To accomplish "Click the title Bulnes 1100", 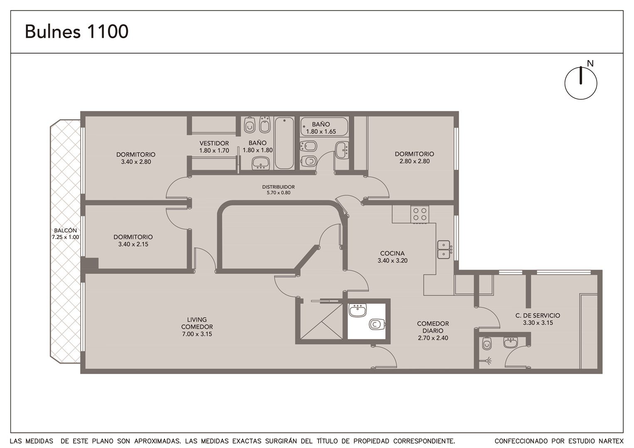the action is [x=77, y=32].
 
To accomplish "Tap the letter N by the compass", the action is [x=590, y=64].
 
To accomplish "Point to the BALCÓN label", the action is [x=65, y=230].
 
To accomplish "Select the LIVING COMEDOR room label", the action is [x=197, y=323].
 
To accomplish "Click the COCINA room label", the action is [x=392, y=253].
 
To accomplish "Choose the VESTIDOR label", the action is [x=214, y=143].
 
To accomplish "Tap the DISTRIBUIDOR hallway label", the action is [x=278, y=187].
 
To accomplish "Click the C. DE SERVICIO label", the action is [x=538, y=316].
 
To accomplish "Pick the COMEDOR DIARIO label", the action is [x=433, y=327].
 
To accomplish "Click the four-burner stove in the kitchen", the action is [x=420, y=214].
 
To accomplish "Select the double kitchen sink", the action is [x=444, y=250].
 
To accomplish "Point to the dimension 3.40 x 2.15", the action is [x=133, y=244].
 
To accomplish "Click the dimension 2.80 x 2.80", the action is [x=414, y=161].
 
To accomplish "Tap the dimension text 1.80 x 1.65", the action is [x=321, y=132].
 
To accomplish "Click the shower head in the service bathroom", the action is [x=487, y=361].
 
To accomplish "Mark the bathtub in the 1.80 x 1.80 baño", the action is [x=284, y=143].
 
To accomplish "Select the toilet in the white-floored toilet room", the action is [x=377, y=324].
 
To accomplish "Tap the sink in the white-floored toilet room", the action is [x=358, y=310].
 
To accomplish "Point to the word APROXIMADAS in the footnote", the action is [x=157, y=441].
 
